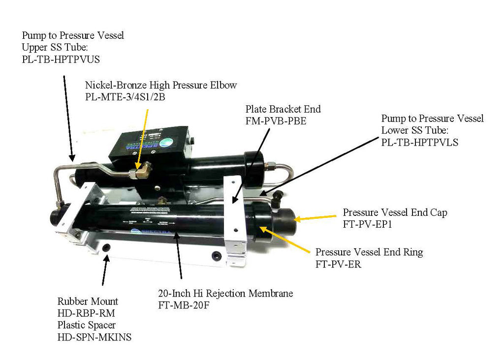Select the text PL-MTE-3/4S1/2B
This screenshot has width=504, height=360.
coord(126,97)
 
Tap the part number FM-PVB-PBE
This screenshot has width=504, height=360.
coord(276,120)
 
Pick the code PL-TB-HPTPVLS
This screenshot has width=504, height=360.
coord(420,143)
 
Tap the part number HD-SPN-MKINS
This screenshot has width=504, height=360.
coord(94,337)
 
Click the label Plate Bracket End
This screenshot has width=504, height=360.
coord(283,109)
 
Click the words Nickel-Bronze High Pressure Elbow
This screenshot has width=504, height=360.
coord(161,85)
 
